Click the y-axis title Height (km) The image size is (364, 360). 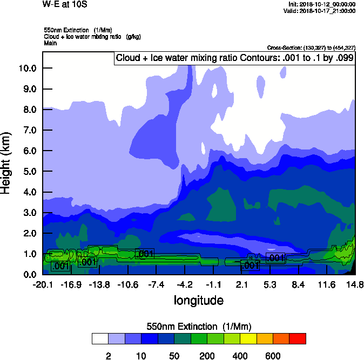[x=6, y=162]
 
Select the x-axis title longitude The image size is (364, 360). [x=198, y=300]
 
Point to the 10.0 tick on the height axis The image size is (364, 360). [x=26, y=68]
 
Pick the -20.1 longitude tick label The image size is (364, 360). [x=42, y=284]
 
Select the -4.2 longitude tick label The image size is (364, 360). [x=185, y=284]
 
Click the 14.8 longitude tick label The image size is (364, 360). [x=355, y=284]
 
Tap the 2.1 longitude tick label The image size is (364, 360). [x=241, y=284]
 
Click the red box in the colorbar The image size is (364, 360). [x=298, y=339]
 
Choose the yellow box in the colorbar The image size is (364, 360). [x=248, y=339]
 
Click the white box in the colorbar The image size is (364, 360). [x=100, y=339]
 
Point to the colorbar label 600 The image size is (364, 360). [x=273, y=356]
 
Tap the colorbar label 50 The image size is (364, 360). [x=174, y=356]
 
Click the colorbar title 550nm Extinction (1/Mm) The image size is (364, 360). [x=199, y=327]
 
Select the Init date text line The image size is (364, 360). [x=322, y=4]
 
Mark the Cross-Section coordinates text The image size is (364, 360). [x=311, y=47]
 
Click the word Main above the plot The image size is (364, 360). [x=50, y=43]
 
